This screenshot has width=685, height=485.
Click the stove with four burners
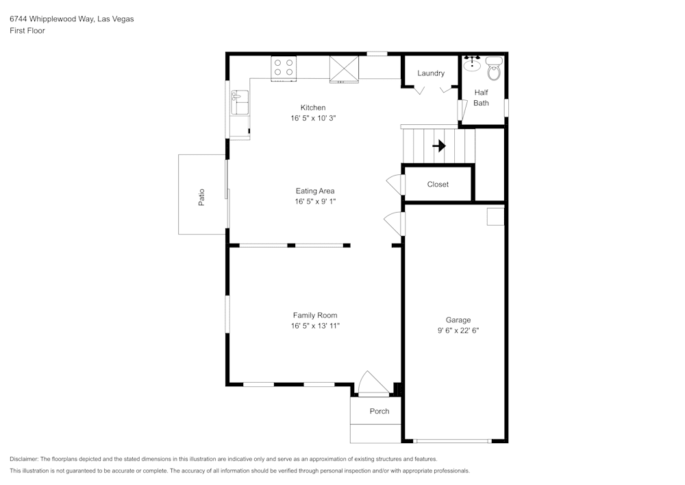point(284,67)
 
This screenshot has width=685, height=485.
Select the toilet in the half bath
point(494,68)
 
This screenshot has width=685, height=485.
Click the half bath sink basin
point(472,64)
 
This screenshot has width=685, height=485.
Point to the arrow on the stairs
point(438,145)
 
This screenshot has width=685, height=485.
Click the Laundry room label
point(431,73)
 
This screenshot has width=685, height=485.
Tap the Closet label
point(438,184)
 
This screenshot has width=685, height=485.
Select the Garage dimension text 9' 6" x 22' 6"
point(458,330)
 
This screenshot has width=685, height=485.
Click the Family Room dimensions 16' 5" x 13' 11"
point(315,326)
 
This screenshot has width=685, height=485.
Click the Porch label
point(379,411)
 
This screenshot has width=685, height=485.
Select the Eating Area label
point(315,191)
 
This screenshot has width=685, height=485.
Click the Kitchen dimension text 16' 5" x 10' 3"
point(313,118)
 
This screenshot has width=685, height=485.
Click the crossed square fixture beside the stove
point(344,69)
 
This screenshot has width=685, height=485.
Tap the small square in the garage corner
point(495,217)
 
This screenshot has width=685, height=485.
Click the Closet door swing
point(395,184)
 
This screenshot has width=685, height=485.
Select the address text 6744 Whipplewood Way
point(71,19)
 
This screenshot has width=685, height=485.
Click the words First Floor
point(27,31)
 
